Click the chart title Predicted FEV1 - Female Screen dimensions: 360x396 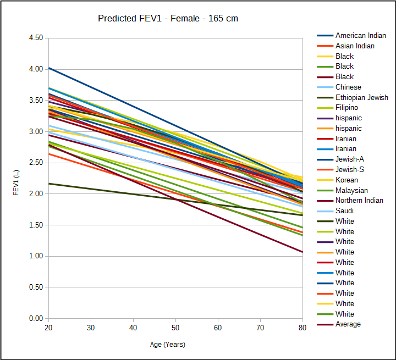[x=168, y=19]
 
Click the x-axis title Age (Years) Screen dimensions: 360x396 [x=168, y=345]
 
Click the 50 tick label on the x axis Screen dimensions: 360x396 [x=175, y=328]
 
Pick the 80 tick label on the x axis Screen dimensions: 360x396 [x=302, y=328]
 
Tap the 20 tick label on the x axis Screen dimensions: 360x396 [x=48, y=328]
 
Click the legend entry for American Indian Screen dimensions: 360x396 [x=360, y=36]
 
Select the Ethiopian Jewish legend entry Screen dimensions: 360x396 [x=361, y=97]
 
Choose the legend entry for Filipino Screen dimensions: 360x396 [x=346, y=108]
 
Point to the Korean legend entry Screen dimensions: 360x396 [x=346, y=180]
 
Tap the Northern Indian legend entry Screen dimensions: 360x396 [x=359, y=201]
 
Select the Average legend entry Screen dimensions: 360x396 [x=348, y=324]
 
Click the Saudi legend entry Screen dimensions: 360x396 [x=345, y=211]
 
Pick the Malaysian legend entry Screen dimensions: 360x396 [x=351, y=190]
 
